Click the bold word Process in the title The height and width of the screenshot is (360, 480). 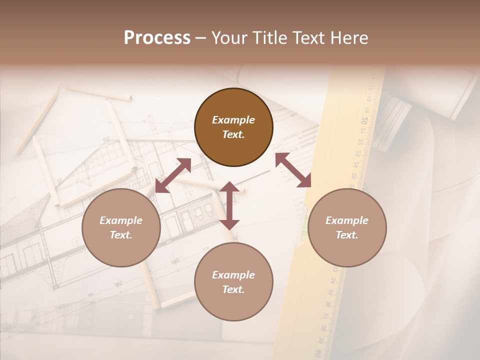click(x=157, y=38)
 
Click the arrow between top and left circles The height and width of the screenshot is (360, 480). click(x=173, y=175)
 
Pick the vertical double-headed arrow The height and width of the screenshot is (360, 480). click(x=229, y=205)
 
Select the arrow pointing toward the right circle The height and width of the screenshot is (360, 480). click(x=293, y=170)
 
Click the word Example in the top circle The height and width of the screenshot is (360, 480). click(x=233, y=120)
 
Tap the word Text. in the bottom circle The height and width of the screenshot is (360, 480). click(x=233, y=289)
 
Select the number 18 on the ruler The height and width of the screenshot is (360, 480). click(x=369, y=98)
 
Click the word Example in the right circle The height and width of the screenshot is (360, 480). click(x=347, y=220)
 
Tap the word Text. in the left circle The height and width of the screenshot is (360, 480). click(x=121, y=235)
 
